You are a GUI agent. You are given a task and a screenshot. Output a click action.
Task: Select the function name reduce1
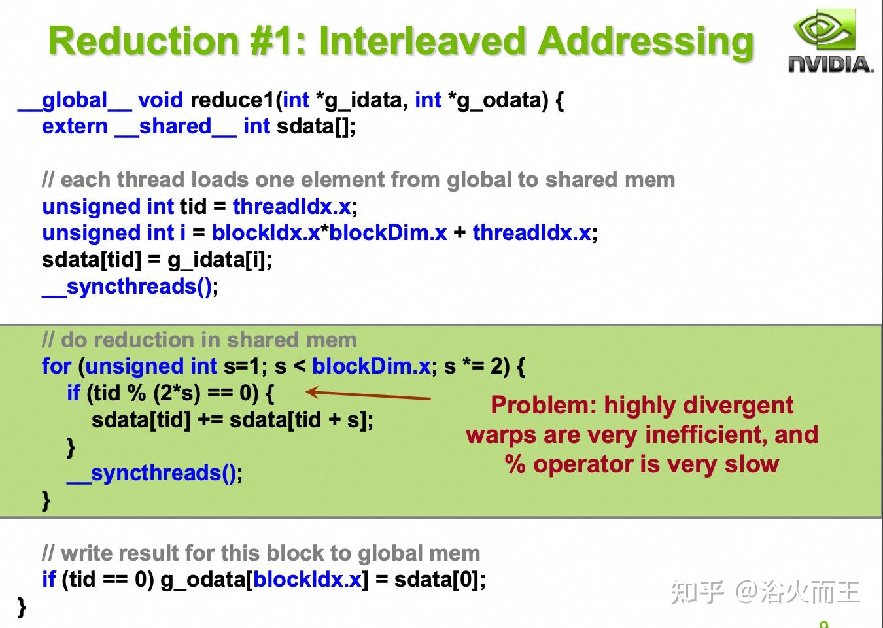click(x=232, y=100)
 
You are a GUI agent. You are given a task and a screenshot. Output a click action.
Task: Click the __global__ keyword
click(x=75, y=100)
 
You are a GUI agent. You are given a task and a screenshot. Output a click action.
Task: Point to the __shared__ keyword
click(x=175, y=126)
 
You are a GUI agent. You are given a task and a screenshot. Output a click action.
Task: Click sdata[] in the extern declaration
click(x=316, y=126)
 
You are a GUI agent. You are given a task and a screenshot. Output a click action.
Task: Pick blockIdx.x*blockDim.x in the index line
click(x=329, y=233)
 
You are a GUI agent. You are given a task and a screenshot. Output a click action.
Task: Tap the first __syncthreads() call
click(x=130, y=287)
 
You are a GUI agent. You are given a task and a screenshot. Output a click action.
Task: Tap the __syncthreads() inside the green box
click(x=154, y=473)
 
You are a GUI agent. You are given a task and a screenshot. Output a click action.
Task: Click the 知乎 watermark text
click(x=697, y=591)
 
